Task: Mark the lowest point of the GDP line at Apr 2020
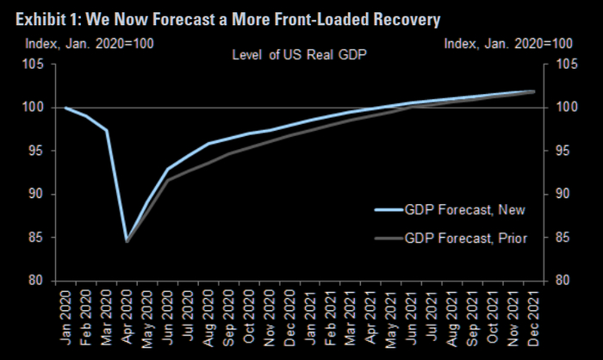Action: (127, 240)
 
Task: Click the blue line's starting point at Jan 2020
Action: (65, 108)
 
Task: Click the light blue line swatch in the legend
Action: (390, 209)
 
